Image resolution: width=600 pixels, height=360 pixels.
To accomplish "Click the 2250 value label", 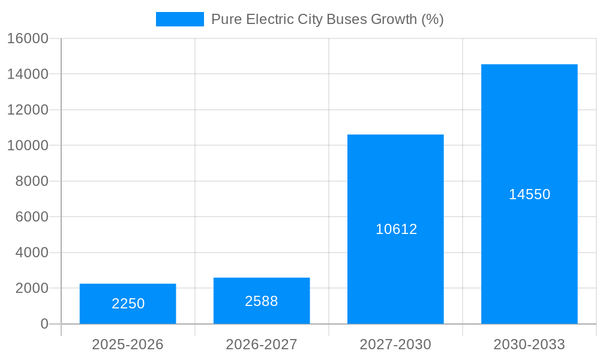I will (x=128, y=304).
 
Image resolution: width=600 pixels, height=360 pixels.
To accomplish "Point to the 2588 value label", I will (x=262, y=301).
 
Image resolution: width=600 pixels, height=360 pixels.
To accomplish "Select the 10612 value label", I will (x=396, y=229).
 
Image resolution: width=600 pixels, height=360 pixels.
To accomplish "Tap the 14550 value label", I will (x=529, y=194).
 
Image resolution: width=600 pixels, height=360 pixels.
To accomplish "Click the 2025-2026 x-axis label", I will (x=128, y=344).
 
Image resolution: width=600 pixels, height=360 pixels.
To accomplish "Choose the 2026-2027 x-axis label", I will (x=262, y=344).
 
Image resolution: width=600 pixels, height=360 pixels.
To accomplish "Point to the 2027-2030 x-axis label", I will (x=395, y=344).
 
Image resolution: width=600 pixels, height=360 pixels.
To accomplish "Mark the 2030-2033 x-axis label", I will (x=529, y=344).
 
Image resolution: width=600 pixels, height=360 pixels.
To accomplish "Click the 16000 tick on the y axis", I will (x=28, y=38).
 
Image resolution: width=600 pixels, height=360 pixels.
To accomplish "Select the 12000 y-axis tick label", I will (x=28, y=110).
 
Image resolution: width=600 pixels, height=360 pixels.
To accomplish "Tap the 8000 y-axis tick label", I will (x=31, y=181).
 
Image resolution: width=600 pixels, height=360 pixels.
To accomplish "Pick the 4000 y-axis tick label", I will (x=31, y=253).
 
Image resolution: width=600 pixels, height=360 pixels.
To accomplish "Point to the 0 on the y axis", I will (x=44, y=324).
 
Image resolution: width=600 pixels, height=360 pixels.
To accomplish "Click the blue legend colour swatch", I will (x=179, y=19).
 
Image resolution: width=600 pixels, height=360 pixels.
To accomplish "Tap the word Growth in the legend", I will (x=394, y=19).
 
